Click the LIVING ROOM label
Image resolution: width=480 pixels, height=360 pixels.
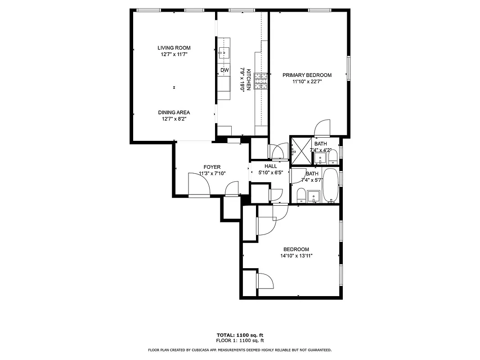(x=174, y=48)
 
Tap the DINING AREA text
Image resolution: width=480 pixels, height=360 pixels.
(x=174, y=112)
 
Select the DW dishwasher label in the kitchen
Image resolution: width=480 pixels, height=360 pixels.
(x=224, y=70)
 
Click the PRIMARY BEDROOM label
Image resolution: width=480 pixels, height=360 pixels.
(x=307, y=75)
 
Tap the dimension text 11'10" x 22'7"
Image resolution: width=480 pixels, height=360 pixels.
(x=307, y=82)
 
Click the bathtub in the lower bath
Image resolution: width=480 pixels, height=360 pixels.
(x=331, y=185)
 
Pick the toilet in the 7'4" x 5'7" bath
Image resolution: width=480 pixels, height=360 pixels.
(x=301, y=196)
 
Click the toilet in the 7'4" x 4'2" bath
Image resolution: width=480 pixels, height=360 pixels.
(x=332, y=157)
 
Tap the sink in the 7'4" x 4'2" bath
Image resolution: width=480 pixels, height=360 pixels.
(x=320, y=158)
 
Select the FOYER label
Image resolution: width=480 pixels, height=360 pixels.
(x=212, y=167)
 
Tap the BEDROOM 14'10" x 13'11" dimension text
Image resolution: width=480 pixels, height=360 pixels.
(x=296, y=256)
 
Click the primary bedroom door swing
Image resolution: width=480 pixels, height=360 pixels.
(x=323, y=128)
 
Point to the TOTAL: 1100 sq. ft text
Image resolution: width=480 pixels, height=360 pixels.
(x=240, y=335)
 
